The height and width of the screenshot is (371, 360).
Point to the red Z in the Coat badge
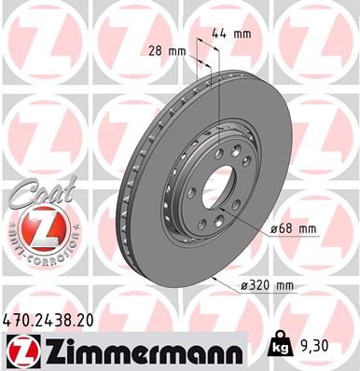pyautogui.click(x=34, y=227)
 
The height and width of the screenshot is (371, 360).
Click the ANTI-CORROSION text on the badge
pyautogui.click(x=34, y=252)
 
